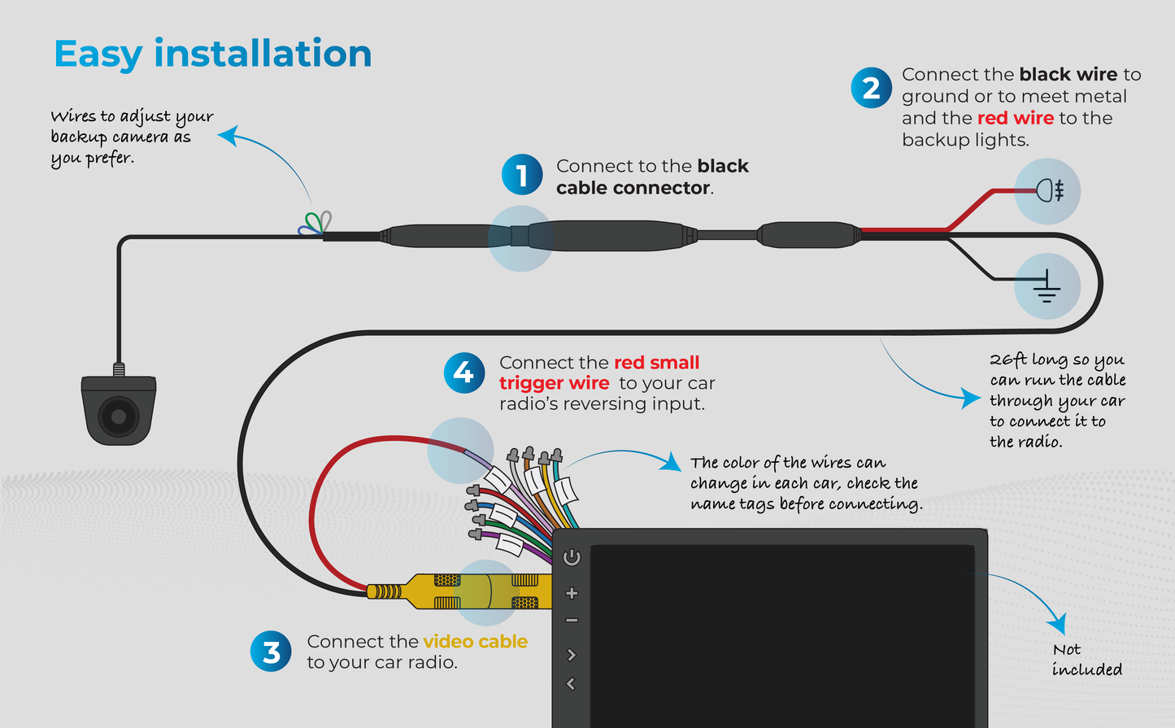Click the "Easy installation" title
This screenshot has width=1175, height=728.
[212, 54]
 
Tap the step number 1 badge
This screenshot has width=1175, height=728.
[522, 175]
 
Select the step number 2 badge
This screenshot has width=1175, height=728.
[871, 88]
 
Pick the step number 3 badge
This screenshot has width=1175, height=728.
[271, 652]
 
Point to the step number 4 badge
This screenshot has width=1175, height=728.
[463, 373]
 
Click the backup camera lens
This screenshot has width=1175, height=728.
[119, 416]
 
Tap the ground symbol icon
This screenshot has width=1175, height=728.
[1047, 286]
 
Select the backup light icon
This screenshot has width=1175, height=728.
[1049, 191]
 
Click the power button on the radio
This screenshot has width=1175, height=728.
[572, 557]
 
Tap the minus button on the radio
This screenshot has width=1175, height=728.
[572, 621]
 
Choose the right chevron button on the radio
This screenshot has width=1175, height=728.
[572, 655]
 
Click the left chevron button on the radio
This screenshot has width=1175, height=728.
[571, 684]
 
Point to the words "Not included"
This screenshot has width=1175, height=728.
[1086, 660]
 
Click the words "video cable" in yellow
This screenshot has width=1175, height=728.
[475, 642]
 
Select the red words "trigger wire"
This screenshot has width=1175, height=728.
[554, 383]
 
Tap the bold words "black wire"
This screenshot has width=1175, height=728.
[1068, 75]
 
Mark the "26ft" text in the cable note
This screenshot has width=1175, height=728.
[1008, 360]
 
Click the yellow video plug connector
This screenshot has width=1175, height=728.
[459, 591]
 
